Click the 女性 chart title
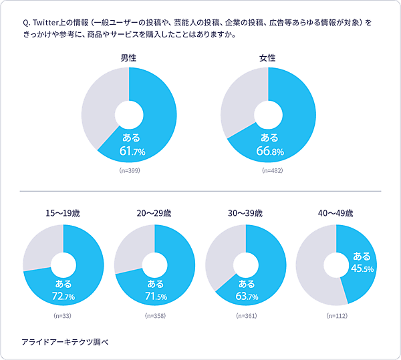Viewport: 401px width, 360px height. [268, 58]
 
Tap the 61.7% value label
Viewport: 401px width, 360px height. [132, 152]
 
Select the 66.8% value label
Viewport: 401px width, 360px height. [269, 152]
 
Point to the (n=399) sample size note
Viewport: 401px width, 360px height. [130, 171]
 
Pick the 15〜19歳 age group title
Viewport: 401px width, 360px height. [63, 214]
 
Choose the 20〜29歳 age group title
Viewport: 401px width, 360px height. [154, 214]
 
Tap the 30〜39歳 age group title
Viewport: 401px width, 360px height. [245, 214]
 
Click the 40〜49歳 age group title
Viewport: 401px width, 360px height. [336, 214]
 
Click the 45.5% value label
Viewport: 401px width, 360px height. [362, 268]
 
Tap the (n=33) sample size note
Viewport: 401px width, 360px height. [63, 315]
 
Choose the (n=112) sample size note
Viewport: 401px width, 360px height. [336, 315]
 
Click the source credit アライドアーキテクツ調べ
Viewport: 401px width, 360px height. [64, 341]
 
